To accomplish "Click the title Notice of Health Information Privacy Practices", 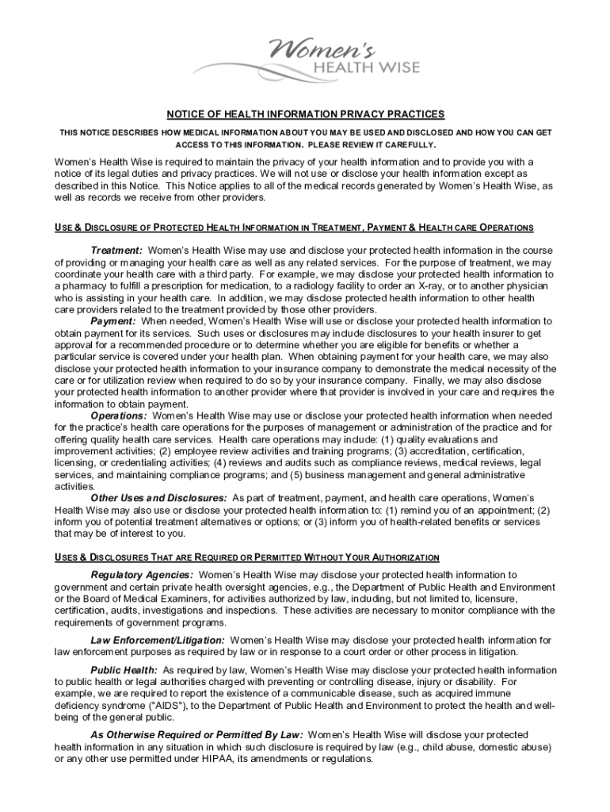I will pyautogui.click(x=305, y=114).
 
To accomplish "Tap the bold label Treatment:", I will pyautogui.click(x=116, y=251).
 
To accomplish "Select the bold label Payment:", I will pyautogui.click(x=113, y=321).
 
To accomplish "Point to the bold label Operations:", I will pyautogui.click(x=119, y=416).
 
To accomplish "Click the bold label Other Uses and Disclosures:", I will pyautogui.click(x=159, y=498).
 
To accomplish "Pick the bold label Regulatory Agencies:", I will pyautogui.click(x=143, y=574).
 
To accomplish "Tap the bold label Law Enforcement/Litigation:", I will pyautogui.click(x=158, y=640).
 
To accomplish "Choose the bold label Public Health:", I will pyautogui.click(x=124, y=670).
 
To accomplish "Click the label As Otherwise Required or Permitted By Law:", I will pyautogui.click(x=196, y=735).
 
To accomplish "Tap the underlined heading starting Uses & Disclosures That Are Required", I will pyautogui.click(x=246, y=557).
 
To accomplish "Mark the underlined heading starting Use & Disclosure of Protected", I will pyautogui.click(x=294, y=228).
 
